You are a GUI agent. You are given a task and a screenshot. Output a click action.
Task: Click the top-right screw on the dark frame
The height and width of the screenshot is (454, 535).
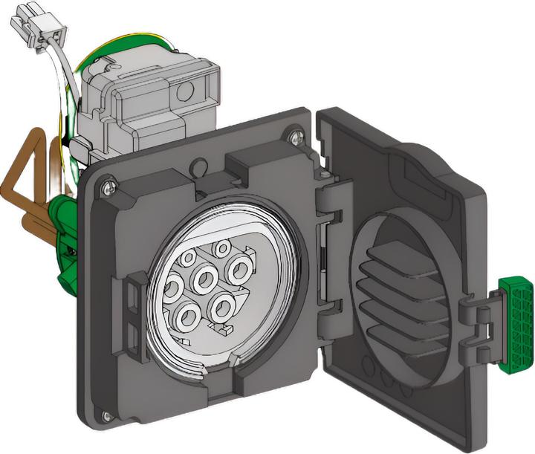296,135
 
